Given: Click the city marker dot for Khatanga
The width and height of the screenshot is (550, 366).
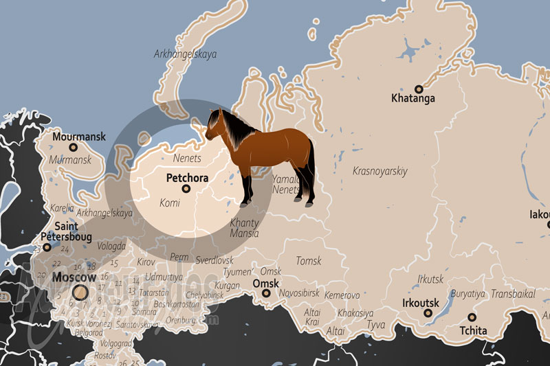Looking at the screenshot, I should point(417,88).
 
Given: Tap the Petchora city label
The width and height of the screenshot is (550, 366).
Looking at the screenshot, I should point(186,178).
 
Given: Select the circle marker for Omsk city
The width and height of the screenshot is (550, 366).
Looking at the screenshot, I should point(267,294).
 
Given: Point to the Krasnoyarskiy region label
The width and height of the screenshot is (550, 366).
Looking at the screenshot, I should point(379,171).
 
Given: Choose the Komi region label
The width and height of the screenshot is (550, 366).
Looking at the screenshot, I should point(170,203).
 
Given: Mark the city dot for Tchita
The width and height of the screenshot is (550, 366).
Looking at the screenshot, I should point(472,317).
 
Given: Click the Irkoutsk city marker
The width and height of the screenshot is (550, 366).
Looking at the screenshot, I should point(428,313).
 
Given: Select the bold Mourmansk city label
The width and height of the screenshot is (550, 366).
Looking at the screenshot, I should point(79,136).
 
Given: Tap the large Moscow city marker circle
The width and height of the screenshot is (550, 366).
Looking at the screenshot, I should point(80,293).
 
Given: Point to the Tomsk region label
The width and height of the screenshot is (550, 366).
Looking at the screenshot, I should point(308,261).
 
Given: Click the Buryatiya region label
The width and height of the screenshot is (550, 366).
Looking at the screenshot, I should point(467,293).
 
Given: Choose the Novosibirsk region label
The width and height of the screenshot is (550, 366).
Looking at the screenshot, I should point(300,293).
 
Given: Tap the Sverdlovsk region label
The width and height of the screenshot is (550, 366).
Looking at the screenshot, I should point(214,260).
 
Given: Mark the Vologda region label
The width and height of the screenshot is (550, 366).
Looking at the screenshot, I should point(111,245).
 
